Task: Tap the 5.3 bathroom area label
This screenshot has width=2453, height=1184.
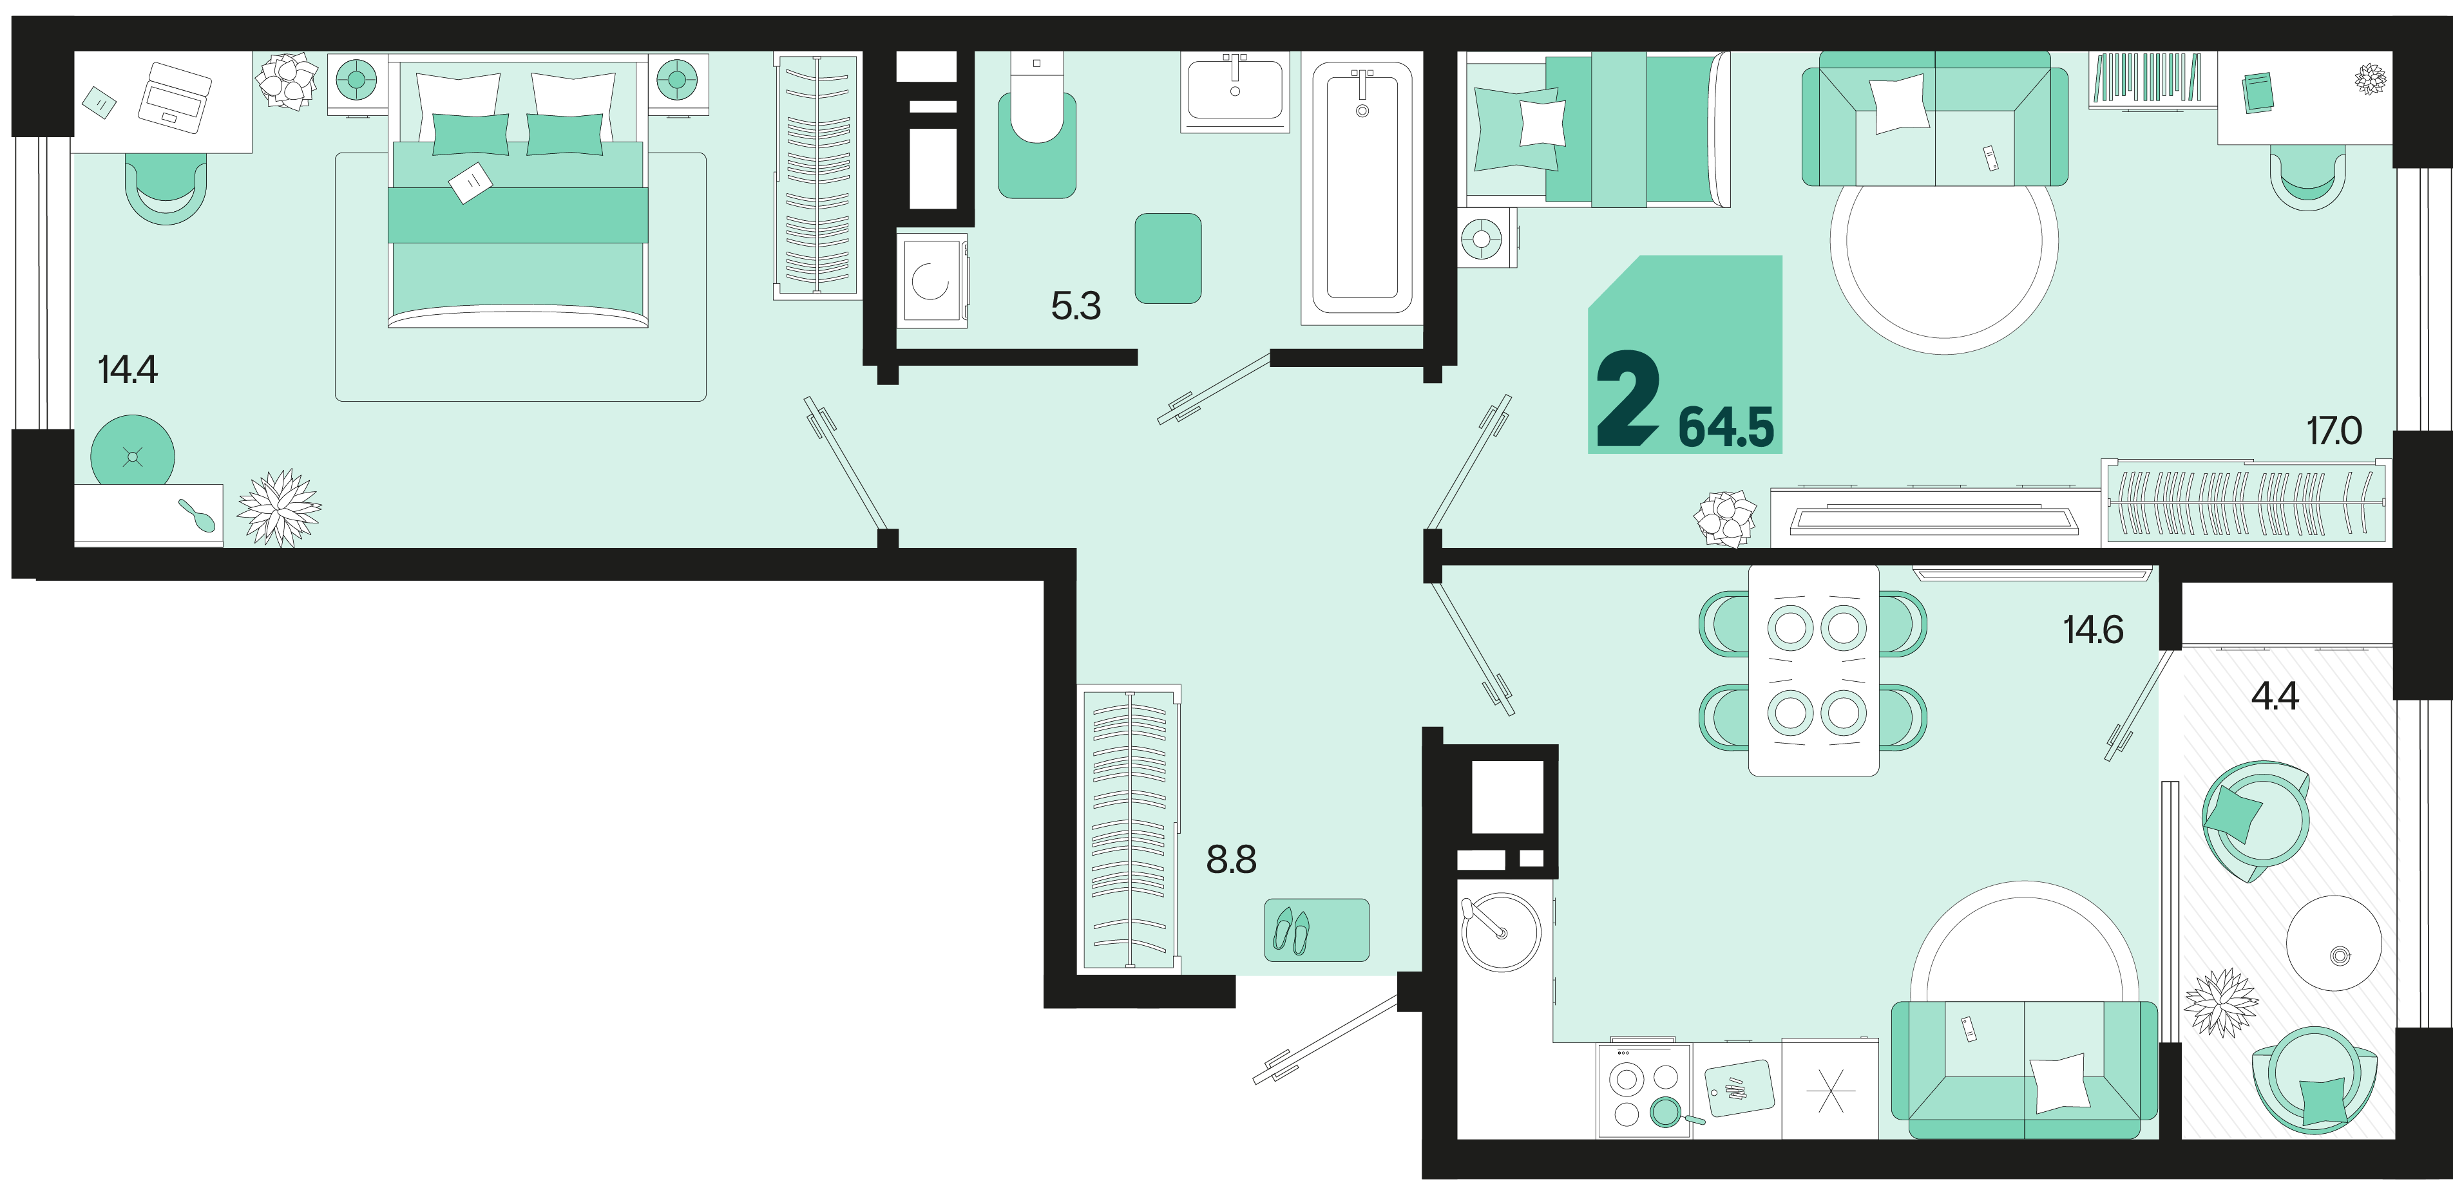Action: (1076, 306)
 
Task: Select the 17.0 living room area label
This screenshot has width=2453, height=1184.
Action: (2334, 431)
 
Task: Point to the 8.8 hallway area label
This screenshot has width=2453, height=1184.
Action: (1231, 860)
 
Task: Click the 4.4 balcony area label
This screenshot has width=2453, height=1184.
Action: (2275, 697)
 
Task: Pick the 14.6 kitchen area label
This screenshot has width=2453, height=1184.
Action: (2093, 630)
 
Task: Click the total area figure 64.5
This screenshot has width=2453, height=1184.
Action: (1726, 428)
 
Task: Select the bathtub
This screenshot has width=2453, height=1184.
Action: (1362, 187)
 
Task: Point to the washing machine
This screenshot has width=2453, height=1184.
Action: (931, 281)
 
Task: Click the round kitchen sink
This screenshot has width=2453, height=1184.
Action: (1501, 932)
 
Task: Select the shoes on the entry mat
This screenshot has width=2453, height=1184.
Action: (1292, 932)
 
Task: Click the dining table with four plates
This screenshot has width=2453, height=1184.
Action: (1813, 671)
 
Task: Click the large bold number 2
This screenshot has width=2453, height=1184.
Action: (1627, 398)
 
